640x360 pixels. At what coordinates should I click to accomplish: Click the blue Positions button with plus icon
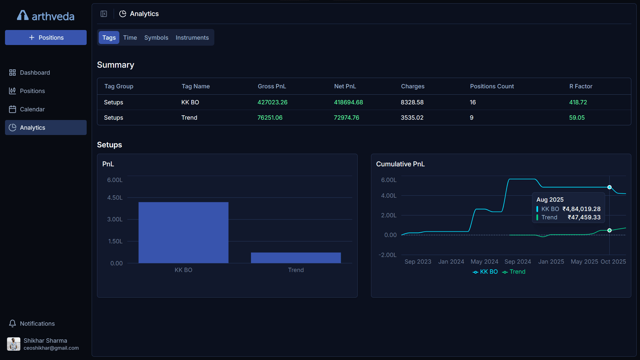[46, 38]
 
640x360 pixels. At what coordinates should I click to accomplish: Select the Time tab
[130, 38]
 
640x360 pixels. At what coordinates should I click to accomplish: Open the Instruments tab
[192, 38]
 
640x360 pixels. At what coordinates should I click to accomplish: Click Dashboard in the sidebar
[35, 73]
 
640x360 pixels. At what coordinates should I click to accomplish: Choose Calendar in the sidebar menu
[32, 109]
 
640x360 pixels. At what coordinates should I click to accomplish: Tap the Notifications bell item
[37, 324]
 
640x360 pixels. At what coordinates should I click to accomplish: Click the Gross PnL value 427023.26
[272, 102]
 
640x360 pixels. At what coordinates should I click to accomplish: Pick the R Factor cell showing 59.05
[577, 118]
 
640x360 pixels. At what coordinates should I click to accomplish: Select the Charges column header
[413, 86]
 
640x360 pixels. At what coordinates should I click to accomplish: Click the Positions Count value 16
[473, 102]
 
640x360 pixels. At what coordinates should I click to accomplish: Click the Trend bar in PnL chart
[296, 258]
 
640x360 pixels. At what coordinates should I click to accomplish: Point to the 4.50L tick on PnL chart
[115, 198]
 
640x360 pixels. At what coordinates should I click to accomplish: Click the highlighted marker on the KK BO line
[609, 187]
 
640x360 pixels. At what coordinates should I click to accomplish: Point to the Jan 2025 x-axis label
[551, 262]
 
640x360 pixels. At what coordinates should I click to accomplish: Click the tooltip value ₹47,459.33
[584, 217]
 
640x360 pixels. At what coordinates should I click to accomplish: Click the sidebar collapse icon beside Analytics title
[104, 14]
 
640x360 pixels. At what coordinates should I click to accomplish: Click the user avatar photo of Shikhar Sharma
[14, 344]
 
